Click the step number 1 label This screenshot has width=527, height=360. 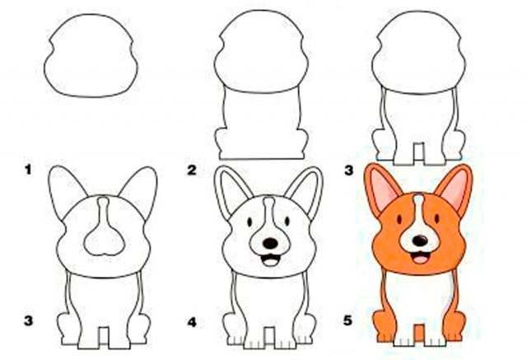coord(28,170)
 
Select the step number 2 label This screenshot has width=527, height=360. coord(192,170)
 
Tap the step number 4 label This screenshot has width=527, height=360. coord(192,323)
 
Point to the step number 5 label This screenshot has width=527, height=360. coord(347,320)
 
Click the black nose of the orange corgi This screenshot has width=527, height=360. coord(420,241)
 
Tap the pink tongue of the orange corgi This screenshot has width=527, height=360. coord(419,259)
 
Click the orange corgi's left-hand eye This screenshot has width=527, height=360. coord(399,219)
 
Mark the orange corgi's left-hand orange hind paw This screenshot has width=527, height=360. coord(384,325)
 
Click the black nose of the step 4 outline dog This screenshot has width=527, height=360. coord(270,243)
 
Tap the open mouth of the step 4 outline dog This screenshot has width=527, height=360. coord(271,259)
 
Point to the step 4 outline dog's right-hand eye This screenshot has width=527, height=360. coord(287,221)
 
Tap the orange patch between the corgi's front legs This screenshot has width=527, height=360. coord(419,334)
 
